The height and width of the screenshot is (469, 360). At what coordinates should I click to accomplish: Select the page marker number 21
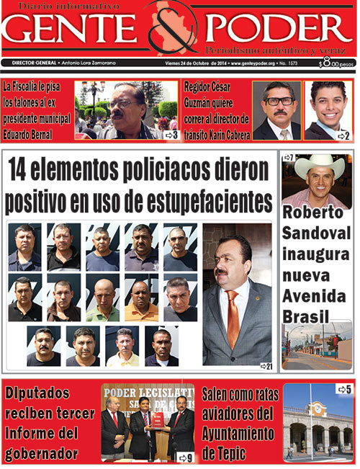tap(266, 367)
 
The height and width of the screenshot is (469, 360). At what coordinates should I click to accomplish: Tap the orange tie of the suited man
tap(233, 317)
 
